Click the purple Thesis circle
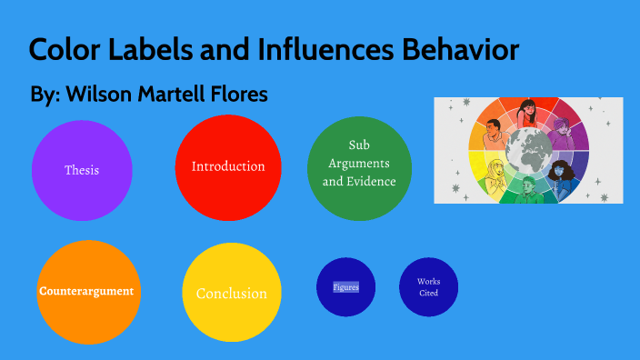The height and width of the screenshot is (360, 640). coord(82,170)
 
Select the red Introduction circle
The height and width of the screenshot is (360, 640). coord(228,167)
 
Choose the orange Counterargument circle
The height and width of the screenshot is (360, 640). coord(86,292)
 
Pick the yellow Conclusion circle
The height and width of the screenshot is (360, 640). coord(232,293)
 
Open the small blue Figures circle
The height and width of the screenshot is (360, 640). coord(346,287)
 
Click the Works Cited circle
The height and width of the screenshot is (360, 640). coord(428,287)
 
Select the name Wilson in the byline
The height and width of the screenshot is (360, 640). coord(95,95)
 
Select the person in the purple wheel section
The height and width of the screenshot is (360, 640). coord(571,133)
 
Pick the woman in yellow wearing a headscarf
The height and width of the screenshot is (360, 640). coord(494,172)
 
